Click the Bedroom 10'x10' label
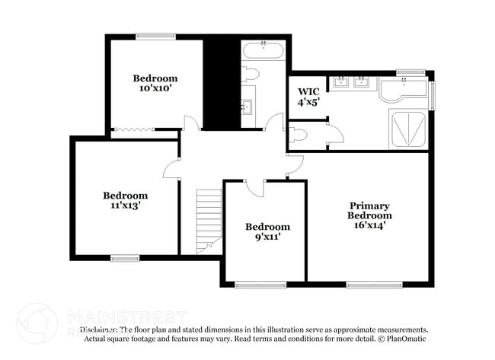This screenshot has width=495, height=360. [x=155, y=83]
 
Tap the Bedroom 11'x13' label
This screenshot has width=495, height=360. [x=126, y=200]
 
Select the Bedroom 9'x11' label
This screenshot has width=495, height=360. [x=267, y=231]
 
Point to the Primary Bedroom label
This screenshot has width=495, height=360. [x=369, y=215]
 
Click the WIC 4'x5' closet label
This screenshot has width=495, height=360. [x=308, y=96]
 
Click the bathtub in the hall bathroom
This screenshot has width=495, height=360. [x=263, y=53]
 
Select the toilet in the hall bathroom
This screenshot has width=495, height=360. [x=251, y=75]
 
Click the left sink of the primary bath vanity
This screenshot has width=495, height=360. [x=340, y=82]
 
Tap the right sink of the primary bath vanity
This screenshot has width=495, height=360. [x=362, y=82]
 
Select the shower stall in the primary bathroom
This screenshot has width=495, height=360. [x=408, y=127]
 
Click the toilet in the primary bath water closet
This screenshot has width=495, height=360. [x=299, y=135]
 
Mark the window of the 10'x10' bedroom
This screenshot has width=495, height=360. [x=155, y=36]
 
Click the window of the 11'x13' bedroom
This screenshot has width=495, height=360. [x=126, y=259]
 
